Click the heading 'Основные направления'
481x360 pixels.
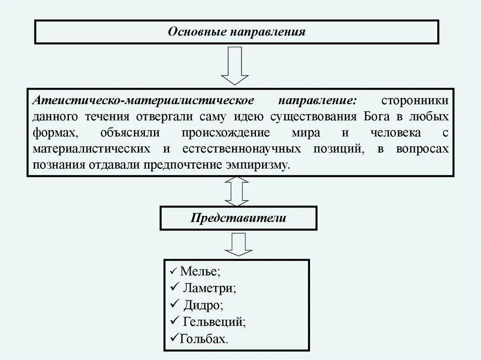tap(237, 32)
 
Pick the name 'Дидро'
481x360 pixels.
tap(202, 305)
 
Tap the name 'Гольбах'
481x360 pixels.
tap(203, 338)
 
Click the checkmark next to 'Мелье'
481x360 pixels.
tap(173, 272)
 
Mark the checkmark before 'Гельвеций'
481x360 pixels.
tap(174, 322)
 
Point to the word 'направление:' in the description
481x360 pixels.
tap(317, 101)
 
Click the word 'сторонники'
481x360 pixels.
tap(415, 101)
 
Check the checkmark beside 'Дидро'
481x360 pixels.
tap(174, 304)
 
